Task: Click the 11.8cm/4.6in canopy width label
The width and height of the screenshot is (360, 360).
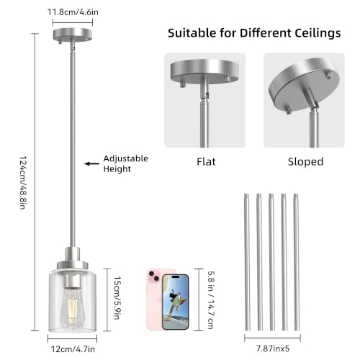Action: click(73, 12)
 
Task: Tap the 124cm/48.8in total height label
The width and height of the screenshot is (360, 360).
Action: click(23, 182)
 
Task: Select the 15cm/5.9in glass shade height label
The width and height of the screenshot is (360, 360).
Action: click(117, 298)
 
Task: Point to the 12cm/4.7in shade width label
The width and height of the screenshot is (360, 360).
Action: click(73, 349)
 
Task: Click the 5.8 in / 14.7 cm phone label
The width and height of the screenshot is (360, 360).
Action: click(211, 300)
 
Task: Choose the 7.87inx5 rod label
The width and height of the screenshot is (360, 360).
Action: click(273, 348)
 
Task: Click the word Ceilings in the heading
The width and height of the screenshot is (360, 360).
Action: click(318, 33)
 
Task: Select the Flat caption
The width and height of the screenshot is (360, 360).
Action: click(206, 162)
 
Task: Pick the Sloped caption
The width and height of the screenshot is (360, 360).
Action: click(305, 162)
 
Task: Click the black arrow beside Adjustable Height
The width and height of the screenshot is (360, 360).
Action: click(91, 163)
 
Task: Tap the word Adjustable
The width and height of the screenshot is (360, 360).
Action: click(126, 159)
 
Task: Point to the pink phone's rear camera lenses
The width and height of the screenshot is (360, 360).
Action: click(154, 276)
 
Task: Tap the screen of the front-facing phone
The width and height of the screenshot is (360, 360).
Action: click(176, 302)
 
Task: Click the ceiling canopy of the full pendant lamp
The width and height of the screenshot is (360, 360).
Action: click(73, 35)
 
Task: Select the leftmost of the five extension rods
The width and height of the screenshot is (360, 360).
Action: click(247, 262)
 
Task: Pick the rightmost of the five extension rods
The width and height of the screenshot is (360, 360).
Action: click(297, 262)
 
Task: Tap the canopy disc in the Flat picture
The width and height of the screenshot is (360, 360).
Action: click(204, 71)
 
